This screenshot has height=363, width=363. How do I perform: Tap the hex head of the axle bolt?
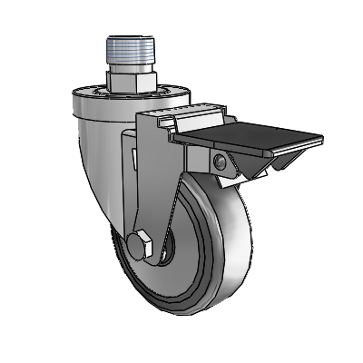tap(140, 245)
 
